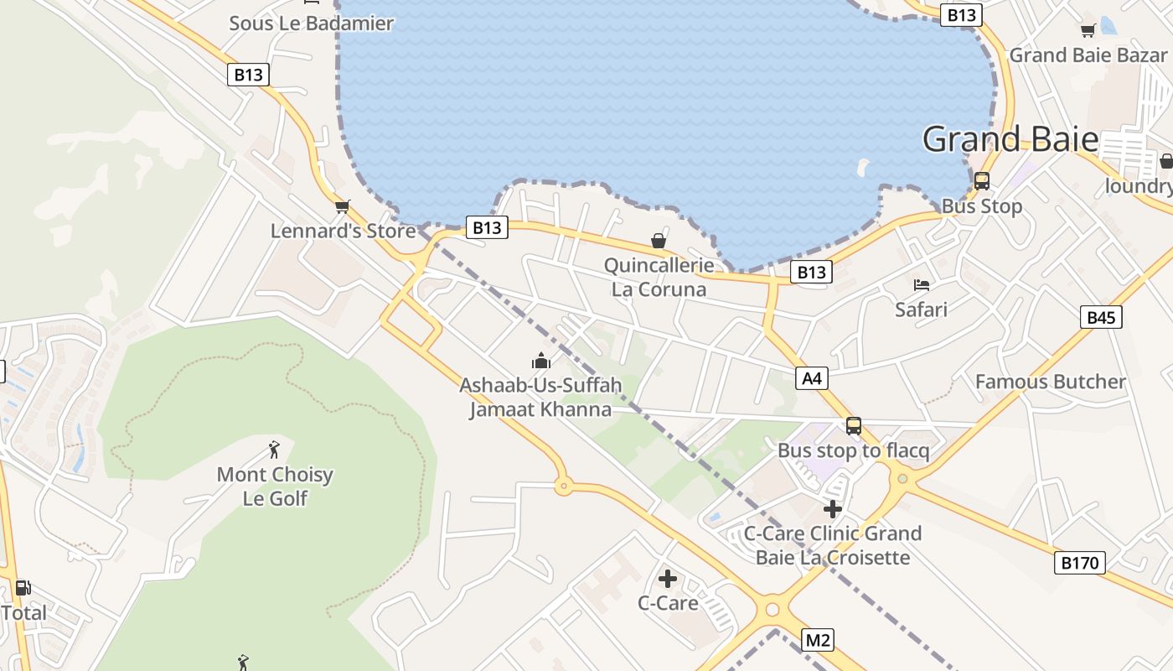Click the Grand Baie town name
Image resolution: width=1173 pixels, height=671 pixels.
click(x=1010, y=139)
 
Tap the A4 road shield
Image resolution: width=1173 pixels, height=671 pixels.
click(x=812, y=378)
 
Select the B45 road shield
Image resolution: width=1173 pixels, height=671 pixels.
click(x=1101, y=317)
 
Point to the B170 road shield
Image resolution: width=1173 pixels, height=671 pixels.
click(x=1079, y=562)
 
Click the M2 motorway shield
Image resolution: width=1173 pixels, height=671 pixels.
click(x=818, y=640)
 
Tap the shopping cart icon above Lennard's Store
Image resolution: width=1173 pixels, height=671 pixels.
click(x=342, y=206)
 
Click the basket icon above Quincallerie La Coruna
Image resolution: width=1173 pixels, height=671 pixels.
click(x=659, y=242)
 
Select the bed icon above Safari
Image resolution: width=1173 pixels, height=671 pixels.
click(x=922, y=285)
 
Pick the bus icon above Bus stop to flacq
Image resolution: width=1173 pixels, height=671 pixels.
click(x=853, y=426)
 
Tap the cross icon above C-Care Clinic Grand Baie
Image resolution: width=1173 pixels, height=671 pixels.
click(x=832, y=508)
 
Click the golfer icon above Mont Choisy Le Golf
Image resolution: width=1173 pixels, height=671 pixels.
click(x=274, y=450)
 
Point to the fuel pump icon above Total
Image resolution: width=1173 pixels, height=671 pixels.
click(x=23, y=588)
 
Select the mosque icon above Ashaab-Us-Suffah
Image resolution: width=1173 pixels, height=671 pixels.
click(x=541, y=362)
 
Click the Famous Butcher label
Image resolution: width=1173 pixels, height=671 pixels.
click(x=1050, y=382)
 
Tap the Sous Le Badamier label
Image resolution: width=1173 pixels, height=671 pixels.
click(x=311, y=23)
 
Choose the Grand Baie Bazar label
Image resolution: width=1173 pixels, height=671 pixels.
click(x=1088, y=55)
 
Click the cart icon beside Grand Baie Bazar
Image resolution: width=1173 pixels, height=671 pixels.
click(x=1088, y=31)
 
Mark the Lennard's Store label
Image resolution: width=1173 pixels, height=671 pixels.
click(x=343, y=231)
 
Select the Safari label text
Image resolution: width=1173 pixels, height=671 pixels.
click(x=921, y=309)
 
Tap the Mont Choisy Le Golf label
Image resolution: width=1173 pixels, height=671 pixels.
click(x=275, y=486)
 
